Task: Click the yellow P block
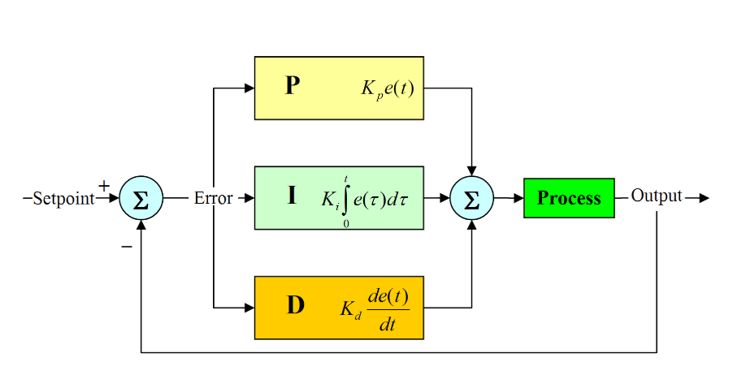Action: coord(339,88)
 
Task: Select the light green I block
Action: coord(339,197)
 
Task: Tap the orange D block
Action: coord(339,307)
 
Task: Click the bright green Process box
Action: coord(569,198)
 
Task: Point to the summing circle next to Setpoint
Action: coord(141,198)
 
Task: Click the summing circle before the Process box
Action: coord(471,198)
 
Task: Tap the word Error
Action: coord(213,198)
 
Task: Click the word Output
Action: coord(657,196)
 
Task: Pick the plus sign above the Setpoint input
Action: coord(104,186)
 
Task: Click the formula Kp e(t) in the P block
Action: coord(388,88)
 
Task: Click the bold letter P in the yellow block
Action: coord(293,87)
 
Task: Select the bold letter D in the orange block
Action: coord(295,306)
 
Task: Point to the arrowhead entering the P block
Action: coord(249,88)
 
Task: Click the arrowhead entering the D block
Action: coord(249,308)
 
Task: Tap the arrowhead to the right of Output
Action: coord(703,198)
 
